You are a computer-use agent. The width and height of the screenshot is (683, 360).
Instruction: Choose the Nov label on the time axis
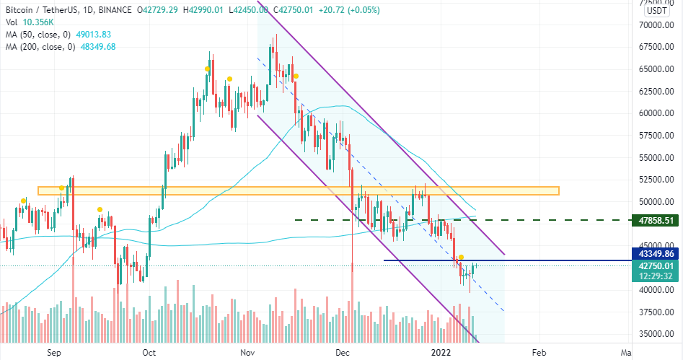(247, 353)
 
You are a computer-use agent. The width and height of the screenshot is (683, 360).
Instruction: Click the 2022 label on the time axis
(440, 353)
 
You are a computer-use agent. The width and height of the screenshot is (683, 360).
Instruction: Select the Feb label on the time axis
(538, 353)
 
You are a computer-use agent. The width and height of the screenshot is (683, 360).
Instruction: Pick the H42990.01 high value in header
(193, 9)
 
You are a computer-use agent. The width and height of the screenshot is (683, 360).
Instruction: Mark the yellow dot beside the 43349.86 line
(461, 258)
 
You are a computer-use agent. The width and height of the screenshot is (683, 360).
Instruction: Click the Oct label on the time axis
(149, 353)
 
